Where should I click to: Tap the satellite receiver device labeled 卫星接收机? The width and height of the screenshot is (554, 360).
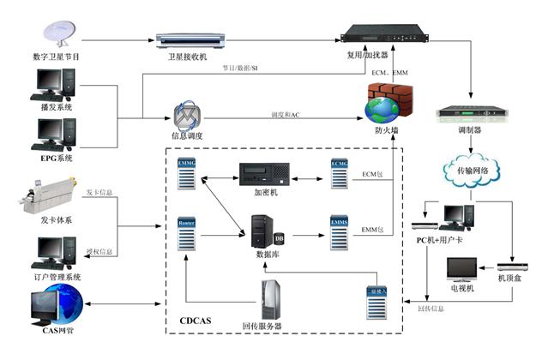click(190, 39)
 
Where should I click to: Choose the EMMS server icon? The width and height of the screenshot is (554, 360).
click(340, 231)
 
